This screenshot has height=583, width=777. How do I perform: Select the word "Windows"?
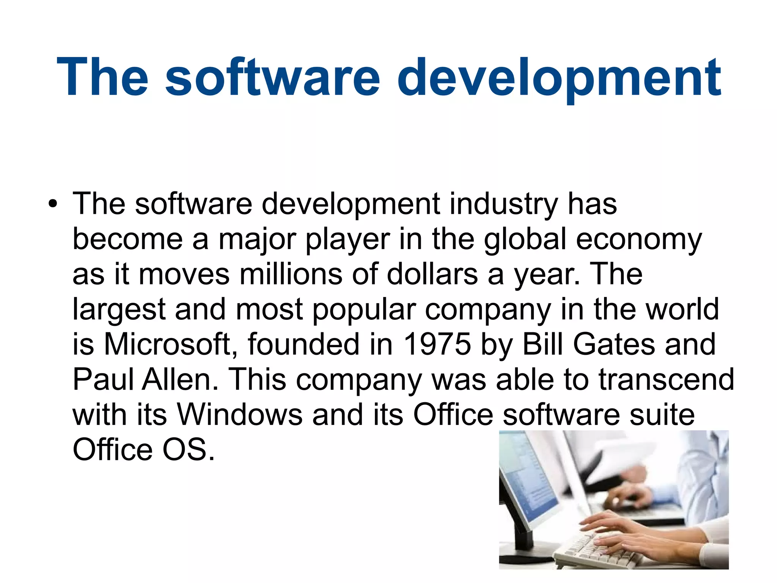(x=240, y=414)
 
